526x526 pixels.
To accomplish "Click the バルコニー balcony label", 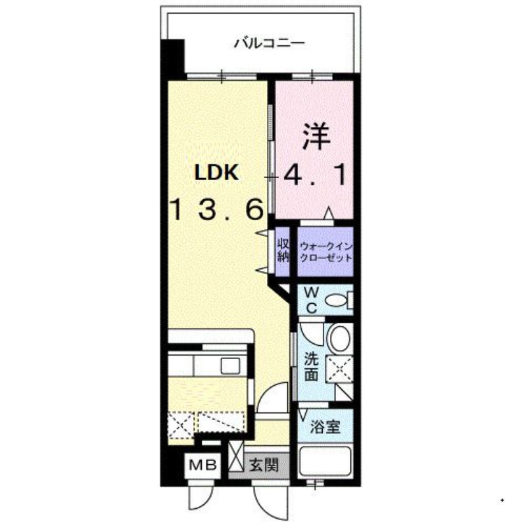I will click(269, 45).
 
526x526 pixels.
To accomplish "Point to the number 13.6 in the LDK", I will click(217, 210).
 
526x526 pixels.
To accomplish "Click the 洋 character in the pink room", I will click(315, 136).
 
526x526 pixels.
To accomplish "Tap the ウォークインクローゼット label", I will click(325, 251).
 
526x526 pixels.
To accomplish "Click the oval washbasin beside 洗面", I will click(340, 339).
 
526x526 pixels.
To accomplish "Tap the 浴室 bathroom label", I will click(325, 427).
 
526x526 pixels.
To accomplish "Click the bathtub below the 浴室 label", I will click(326, 462).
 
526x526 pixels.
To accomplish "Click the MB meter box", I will click(204, 466).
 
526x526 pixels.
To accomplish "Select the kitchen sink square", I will click(231, 365).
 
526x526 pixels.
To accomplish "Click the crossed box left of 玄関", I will click(236, 456).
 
